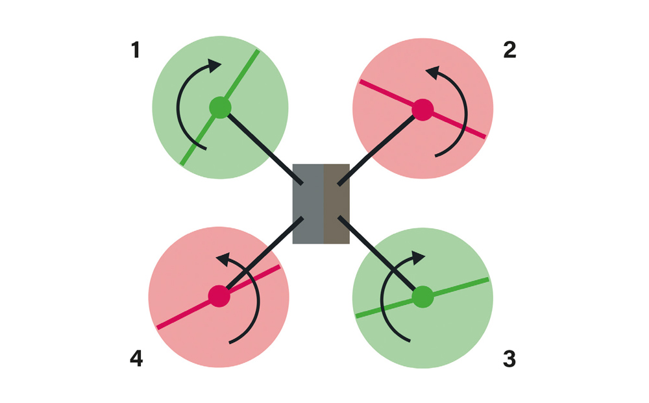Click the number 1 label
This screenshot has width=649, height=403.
[x=135, y=50]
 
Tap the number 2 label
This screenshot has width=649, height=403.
[x=509, y=50]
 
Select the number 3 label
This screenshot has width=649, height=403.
[x=509, y=358]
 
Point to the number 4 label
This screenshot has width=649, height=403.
[x=136, y=358]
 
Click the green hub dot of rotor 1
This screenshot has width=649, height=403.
[x=220, y=108]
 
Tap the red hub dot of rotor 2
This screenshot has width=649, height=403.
[x=422, y=109]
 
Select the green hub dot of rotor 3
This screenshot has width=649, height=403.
[x=422, y=297]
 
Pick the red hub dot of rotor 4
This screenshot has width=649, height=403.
[x=219, y=296]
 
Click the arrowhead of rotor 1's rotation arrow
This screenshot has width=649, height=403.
[x=214, y=65]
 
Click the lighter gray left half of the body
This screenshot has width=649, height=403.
[x=308, y=204]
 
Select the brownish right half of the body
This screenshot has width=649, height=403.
[x=336, y=204]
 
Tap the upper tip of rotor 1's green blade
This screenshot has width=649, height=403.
[x=258, y=52]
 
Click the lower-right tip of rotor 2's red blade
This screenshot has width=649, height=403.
[x=484, y=136]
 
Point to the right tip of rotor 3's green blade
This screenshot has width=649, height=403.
[x=486, y=280]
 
